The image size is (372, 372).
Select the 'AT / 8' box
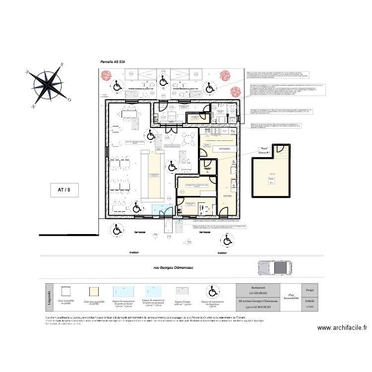coord(64,189)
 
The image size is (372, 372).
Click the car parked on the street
coord(272,267)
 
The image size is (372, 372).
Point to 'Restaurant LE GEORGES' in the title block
coord(258,290)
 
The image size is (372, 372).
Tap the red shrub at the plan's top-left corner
coord(106,76)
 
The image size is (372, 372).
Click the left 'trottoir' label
coord(134,252)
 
